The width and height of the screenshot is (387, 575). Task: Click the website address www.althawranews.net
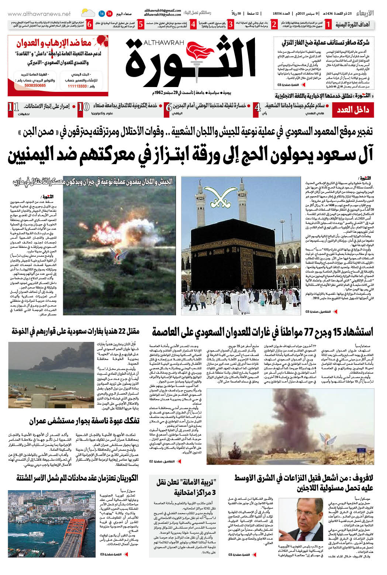(x=39, y=14)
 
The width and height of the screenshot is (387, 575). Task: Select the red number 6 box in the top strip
(x=89, y=25)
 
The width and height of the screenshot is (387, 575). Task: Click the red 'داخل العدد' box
(x=352, y=110)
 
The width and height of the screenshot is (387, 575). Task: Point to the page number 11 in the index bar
(x=13, y=107)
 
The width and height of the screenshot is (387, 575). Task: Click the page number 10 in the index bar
(x=84, y=107)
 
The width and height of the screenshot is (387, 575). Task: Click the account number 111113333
(x=77, y=86)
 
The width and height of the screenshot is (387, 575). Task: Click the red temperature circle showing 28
(x=110, y=14)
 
